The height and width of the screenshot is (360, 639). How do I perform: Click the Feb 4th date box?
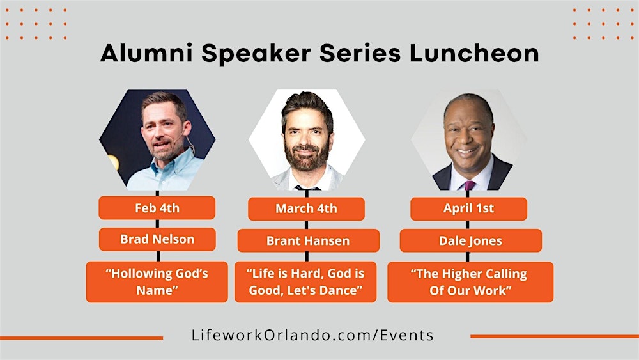tap(157, 208)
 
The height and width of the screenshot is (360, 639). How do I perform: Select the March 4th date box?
tap(306, 208)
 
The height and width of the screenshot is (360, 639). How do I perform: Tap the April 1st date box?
tap(468, 208)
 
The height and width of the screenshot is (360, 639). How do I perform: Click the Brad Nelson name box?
tap(157, 239)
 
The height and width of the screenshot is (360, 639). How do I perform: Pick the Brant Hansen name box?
tap(308, 240)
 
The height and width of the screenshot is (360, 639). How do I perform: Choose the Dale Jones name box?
tap(470, 240)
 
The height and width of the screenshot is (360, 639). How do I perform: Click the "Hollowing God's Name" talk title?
tap(157, 281)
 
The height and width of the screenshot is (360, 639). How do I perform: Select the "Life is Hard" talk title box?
tap(305, 281)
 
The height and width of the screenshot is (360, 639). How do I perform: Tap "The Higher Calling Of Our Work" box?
tap(470, 281)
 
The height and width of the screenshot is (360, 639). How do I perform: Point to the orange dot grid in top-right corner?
tap(603, 24)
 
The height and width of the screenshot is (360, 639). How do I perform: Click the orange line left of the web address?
tap(81, 337)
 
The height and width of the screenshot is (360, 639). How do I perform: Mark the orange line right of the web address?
tap(554, 336)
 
